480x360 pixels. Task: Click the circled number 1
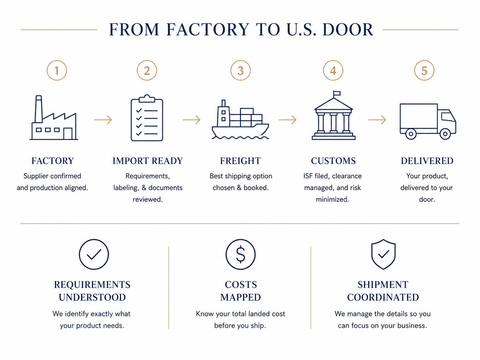(x=57, y=70)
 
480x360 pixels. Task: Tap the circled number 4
(x=333, y=70)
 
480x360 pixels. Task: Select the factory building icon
(x=54, y=117)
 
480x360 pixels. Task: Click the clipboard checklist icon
(x=147, y=118)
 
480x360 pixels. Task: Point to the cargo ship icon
(x=240, y=120)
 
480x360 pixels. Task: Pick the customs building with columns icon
(x=333, y=115)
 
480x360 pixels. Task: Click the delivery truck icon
(x=428, y=121)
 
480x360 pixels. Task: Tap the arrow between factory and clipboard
(x=103, y=120)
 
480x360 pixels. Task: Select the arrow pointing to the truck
(x=377, y=120)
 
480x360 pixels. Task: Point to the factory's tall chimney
(x=39, y=109)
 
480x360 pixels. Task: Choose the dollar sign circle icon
(x=240, y=254)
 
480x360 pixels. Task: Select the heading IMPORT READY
(x=148, y=161)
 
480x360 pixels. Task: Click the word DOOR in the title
(x=348, y=30)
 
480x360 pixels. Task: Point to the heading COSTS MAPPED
(x=241, y=291)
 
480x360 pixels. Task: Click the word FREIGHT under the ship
(x=240, y=161)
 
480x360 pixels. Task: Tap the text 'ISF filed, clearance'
(x=332, y=176)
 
